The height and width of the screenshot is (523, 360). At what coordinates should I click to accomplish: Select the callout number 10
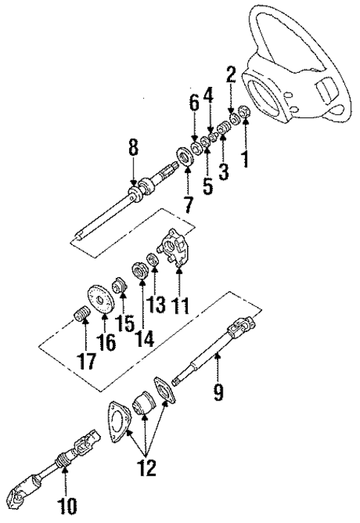tap(68, 508)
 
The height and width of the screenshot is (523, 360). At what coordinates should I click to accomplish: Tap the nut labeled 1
tap(246, 115)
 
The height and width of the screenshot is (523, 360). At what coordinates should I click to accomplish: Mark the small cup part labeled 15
tap(117, 284)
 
